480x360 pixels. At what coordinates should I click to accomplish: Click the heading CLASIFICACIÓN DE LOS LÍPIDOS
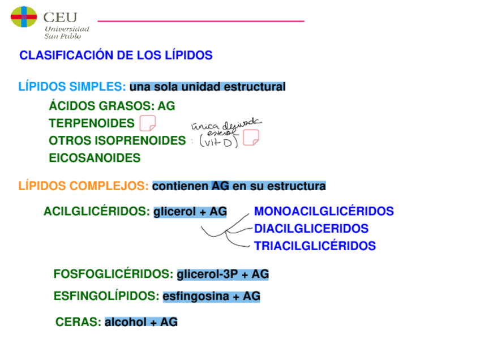click(116, 55)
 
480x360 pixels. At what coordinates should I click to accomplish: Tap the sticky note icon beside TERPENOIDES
click(147, 123)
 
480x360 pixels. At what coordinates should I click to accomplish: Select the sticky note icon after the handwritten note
click(251, 138)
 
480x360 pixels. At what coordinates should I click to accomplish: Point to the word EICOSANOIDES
click(95, 158)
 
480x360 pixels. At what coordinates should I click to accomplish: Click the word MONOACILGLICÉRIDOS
click(324, 212)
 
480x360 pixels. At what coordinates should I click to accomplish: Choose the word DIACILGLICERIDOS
click(311, 229)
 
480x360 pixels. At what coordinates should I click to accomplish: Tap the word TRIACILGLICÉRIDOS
click(315, 246)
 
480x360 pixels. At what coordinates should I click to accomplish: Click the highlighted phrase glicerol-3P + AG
click(222, 275)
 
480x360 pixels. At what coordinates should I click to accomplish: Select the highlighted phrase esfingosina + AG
click(211, 296)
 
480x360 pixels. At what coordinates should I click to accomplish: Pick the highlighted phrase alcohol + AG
click(141, 322)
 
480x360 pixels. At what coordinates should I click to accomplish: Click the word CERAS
click(78, 322)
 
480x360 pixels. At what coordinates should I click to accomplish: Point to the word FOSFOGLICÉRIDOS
click(113, 275)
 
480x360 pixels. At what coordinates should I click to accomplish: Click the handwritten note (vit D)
click(219, 142)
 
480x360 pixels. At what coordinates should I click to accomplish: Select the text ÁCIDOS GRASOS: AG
click(112, 106)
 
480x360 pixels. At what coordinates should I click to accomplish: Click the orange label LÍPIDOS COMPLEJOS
click(83, 186)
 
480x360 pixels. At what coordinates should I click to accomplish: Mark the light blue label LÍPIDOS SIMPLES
click(71, 87)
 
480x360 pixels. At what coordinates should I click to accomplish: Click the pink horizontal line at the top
click(201, 21)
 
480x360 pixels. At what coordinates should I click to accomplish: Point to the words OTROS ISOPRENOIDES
click(117, 140)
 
